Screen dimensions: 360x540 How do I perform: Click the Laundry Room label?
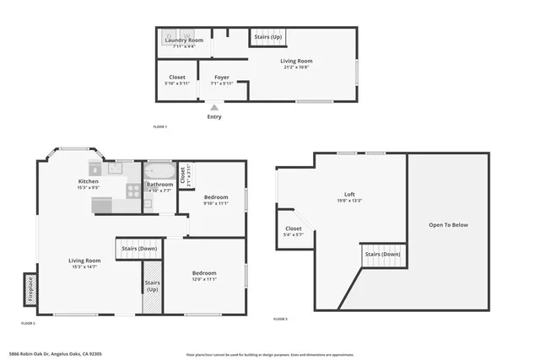183,40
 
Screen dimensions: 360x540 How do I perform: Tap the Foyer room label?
221,78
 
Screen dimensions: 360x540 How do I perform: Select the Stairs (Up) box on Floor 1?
267,37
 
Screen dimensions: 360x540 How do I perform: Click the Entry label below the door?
215,117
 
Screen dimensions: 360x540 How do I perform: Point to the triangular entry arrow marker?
215,107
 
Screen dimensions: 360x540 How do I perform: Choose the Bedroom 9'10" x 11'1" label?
216,200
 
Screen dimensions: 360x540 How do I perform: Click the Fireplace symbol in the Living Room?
30,286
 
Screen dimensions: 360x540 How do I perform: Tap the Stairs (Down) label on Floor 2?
139,249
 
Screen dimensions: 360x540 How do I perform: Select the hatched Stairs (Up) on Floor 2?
152,295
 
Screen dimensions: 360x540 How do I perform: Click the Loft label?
349,196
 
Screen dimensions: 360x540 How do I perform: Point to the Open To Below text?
448,225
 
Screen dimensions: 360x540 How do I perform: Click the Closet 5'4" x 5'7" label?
294,231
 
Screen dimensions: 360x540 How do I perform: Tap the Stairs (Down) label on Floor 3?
382,254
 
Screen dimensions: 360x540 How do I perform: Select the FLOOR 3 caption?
280,320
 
